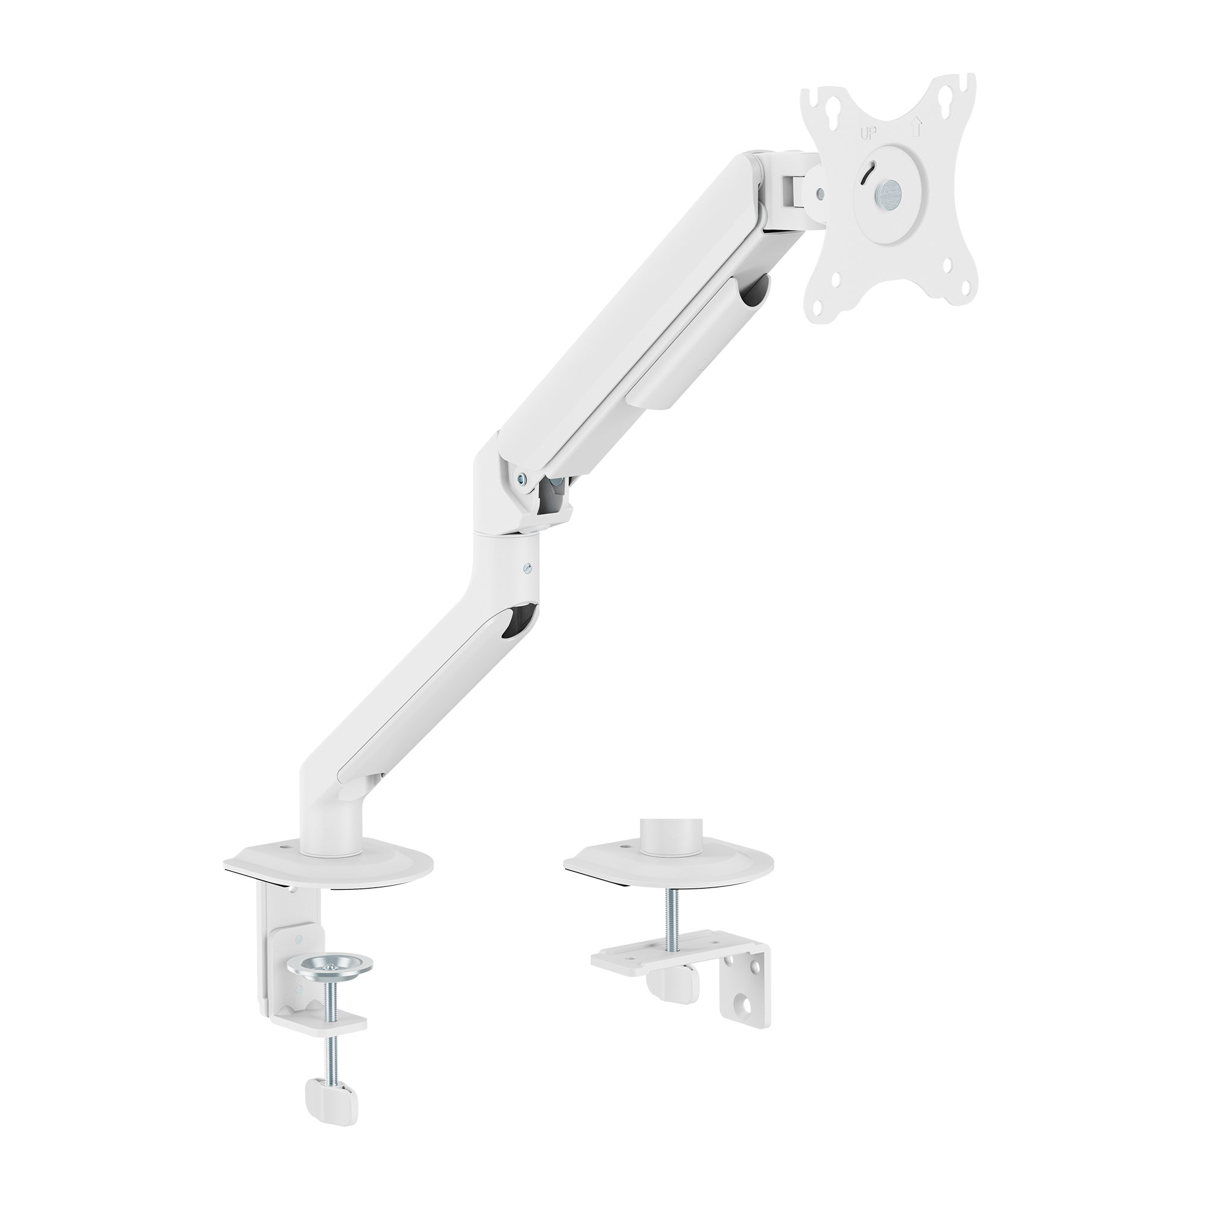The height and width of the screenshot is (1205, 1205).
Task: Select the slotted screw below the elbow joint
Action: click(529, 568)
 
